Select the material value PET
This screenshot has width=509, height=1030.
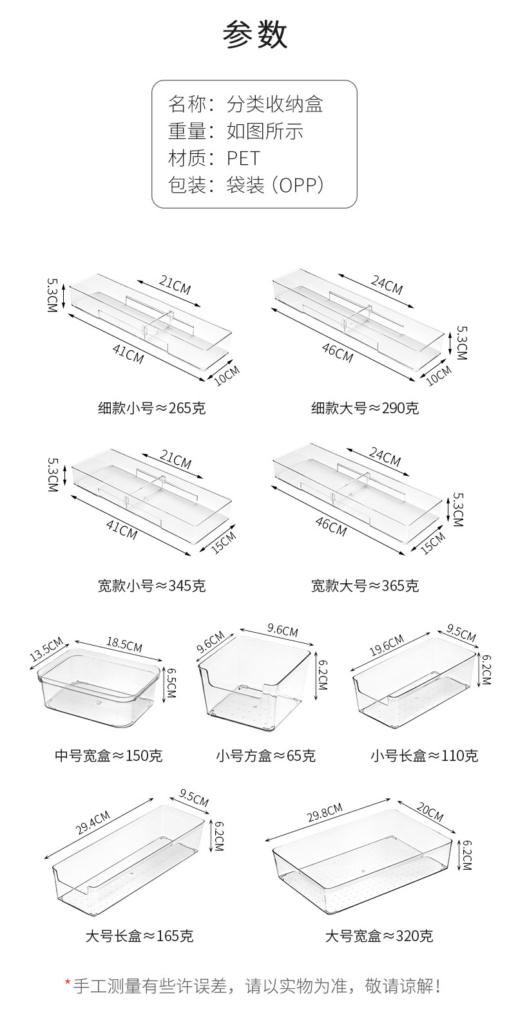click(243, 158)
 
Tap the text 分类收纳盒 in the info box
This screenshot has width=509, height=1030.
click(274, 104)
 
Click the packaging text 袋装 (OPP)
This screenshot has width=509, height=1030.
click(274, 185)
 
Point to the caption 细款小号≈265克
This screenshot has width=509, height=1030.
click(152, 408)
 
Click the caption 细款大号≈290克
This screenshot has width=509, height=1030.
click(365, 408)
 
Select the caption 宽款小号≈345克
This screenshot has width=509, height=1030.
click(152, 586)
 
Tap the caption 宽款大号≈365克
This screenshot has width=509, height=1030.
click(365, 586)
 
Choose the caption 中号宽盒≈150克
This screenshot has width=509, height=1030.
click(108, 755)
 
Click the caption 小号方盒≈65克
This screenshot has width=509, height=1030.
click(265, 755)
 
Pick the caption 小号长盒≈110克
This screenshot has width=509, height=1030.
click(424, 755)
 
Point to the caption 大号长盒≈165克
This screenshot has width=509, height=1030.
click(139, 935)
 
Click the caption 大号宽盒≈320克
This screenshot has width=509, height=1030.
click(379, 935)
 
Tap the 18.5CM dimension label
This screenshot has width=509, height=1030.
click(124, 644)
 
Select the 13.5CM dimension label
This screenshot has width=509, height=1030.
click(46, 649)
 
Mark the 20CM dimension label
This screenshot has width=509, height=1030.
click(428, 813)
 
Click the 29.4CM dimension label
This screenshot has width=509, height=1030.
click(93, 823)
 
